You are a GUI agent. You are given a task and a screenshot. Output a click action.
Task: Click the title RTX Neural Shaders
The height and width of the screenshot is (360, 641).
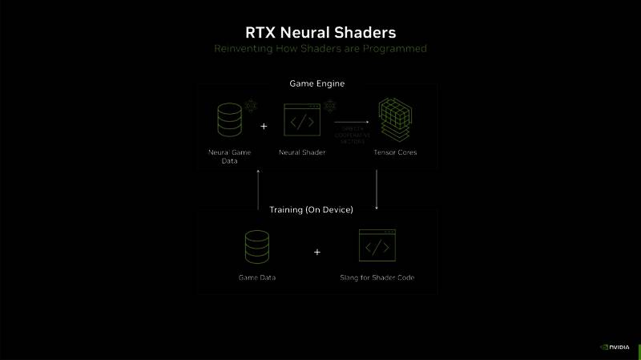tap(320, 32)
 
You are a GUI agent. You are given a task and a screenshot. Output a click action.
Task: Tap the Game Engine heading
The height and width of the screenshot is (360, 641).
tap(317, 83)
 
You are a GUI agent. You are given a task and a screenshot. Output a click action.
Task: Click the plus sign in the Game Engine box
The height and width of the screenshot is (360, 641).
tap(264, 126)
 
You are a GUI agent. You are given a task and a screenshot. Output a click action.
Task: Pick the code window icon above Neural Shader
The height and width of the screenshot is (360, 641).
tap(302, 121)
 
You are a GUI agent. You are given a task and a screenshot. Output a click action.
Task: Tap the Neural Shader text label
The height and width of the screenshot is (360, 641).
tap(302, 152)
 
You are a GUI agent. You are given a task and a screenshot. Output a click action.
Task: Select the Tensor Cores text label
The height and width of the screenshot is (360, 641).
tap(395, 152)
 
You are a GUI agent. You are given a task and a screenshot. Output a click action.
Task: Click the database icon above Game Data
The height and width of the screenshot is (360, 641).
tap(257, 247)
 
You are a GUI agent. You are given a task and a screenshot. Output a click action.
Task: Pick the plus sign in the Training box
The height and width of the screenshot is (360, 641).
tap(317, 252)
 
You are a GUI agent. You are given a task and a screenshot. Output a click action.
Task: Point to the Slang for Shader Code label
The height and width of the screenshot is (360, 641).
tap(377, 277)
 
